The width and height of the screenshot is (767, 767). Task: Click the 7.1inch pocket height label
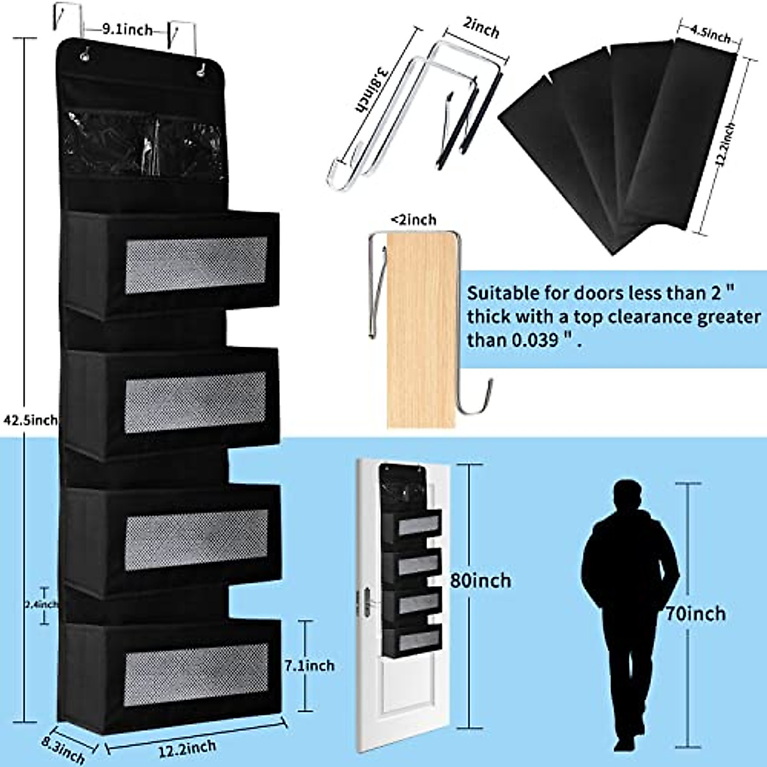tap(308, 665)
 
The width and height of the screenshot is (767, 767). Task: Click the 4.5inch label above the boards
tap(710, 35)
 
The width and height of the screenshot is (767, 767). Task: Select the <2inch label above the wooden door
tap(414, 220)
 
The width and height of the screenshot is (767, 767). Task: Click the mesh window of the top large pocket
tap(196, 265)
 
